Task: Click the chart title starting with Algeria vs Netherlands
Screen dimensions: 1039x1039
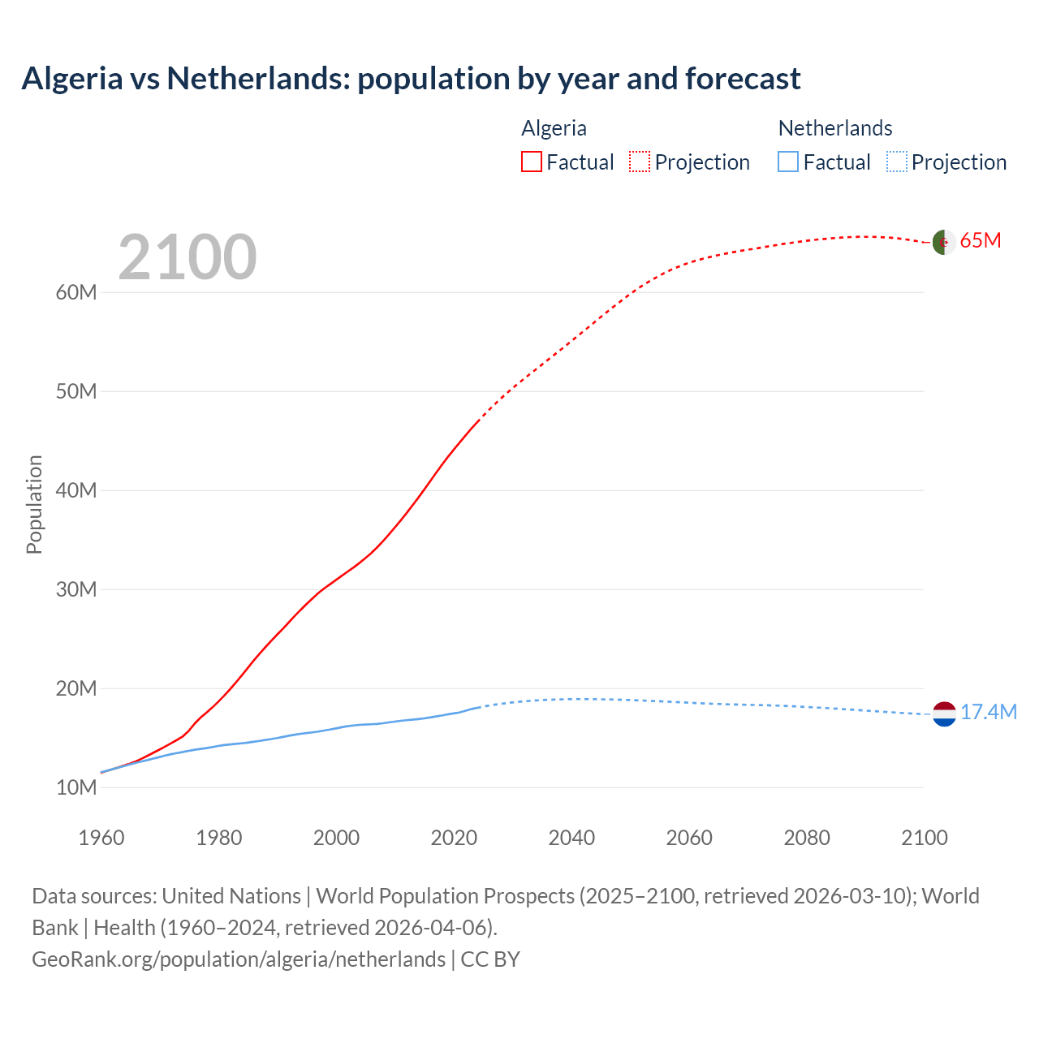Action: pos(411,79)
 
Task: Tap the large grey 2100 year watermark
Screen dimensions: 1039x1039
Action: pos(188,257)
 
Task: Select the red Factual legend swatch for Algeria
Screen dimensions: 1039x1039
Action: pos(531,162)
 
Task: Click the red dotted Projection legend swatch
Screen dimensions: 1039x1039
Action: pos(640,162)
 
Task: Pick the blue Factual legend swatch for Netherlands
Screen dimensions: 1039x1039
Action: pos(787,162)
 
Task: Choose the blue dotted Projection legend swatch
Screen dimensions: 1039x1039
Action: pos(896,162)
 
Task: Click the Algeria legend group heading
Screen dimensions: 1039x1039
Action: pos(554,128)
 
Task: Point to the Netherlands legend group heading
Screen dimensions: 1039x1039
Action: pos(834,128)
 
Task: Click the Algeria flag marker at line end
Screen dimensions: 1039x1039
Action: pos(943,242)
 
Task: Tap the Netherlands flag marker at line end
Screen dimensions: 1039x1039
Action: pos(944,714)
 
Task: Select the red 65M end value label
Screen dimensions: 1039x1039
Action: pos(981,240)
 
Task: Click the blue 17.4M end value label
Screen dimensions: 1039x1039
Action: pos(988,712)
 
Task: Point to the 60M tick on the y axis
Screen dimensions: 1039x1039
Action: pos(76,292)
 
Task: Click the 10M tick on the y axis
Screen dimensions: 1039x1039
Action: pos(76,787)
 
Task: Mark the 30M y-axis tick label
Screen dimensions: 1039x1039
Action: pos(76,589)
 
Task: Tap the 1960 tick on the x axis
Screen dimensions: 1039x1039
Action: pos(101,838)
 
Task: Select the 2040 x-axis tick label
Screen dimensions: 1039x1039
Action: pos(571,838)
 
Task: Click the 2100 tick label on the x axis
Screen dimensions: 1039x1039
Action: pos(924,838)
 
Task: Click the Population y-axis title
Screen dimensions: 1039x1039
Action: pos(34,504)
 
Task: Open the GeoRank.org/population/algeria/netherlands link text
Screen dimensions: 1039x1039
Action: pos(239,959)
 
